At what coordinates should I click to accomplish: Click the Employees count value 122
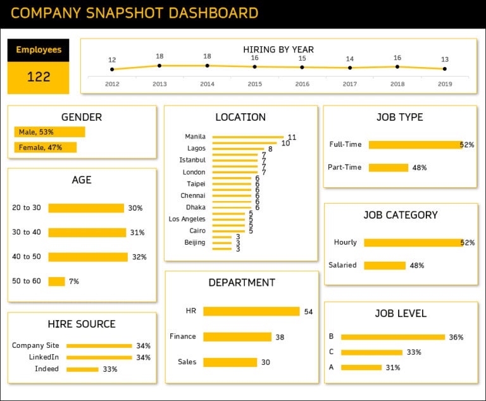tap(38, 77)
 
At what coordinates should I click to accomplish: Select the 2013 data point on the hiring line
tap(159, 65)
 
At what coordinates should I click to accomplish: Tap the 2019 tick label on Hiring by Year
tap(445, 84)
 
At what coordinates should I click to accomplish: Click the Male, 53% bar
tap(49, 132)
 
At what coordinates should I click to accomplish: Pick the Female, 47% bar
tap(45, 147)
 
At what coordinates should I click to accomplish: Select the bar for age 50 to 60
tap(56, 281)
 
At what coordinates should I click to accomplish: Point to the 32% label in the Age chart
tap(139, 257)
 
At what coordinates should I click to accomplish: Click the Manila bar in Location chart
tap(247, 137)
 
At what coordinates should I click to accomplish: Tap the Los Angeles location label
tap(187, 219)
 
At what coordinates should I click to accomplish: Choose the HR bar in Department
tap(251, 311)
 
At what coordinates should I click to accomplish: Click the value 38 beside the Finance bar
tap(280, 337)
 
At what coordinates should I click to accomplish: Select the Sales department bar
tap(230, 362)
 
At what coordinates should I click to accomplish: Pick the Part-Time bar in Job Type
tap(388, 168)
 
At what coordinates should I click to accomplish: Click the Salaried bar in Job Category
tap(384, 266)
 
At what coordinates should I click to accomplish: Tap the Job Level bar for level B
tap(393, 337)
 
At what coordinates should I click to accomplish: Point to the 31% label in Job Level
tap(393, 367)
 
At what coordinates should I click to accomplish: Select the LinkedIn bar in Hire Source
tap(99, 357)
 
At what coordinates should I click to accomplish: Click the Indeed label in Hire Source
tap(47, 369)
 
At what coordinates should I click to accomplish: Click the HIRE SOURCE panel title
tap(82, 324)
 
